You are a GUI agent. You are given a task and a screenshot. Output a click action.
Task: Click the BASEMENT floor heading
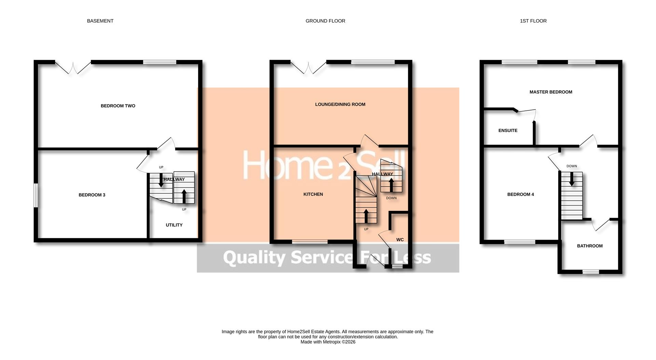pos(100,21)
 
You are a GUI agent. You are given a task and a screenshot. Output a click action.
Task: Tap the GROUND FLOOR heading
pos(325,21)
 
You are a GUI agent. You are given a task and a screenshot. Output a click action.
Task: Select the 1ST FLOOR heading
pos(533,21)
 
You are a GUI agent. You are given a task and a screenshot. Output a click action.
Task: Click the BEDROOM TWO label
pos(118,106)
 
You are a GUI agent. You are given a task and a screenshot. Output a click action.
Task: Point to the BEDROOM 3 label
pos(92,195)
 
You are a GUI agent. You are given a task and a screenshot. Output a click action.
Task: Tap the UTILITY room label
pos(174,225)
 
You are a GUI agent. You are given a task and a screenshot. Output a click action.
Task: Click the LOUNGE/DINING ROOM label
pos(340,104)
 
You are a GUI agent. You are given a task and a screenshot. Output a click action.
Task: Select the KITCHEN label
pos(313,194)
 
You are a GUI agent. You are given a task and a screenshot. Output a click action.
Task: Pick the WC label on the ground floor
pos(400,240)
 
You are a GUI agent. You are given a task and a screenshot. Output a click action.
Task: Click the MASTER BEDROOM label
pos(551,92)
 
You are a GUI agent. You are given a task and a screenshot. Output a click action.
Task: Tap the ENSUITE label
pos(508,131)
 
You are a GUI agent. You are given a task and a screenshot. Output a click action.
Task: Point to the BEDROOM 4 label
pos(520,195)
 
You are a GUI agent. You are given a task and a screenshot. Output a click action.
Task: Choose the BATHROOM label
pos(590,246)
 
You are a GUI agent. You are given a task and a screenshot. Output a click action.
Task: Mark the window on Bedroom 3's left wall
pos(36,196)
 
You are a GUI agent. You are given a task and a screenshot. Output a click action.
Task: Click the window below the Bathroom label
pos(590,272)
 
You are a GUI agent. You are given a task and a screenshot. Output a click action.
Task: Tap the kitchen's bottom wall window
pos(310,242)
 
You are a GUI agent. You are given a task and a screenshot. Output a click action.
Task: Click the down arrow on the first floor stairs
pos(571,179)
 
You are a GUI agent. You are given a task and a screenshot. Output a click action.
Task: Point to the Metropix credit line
pos(328,342)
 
